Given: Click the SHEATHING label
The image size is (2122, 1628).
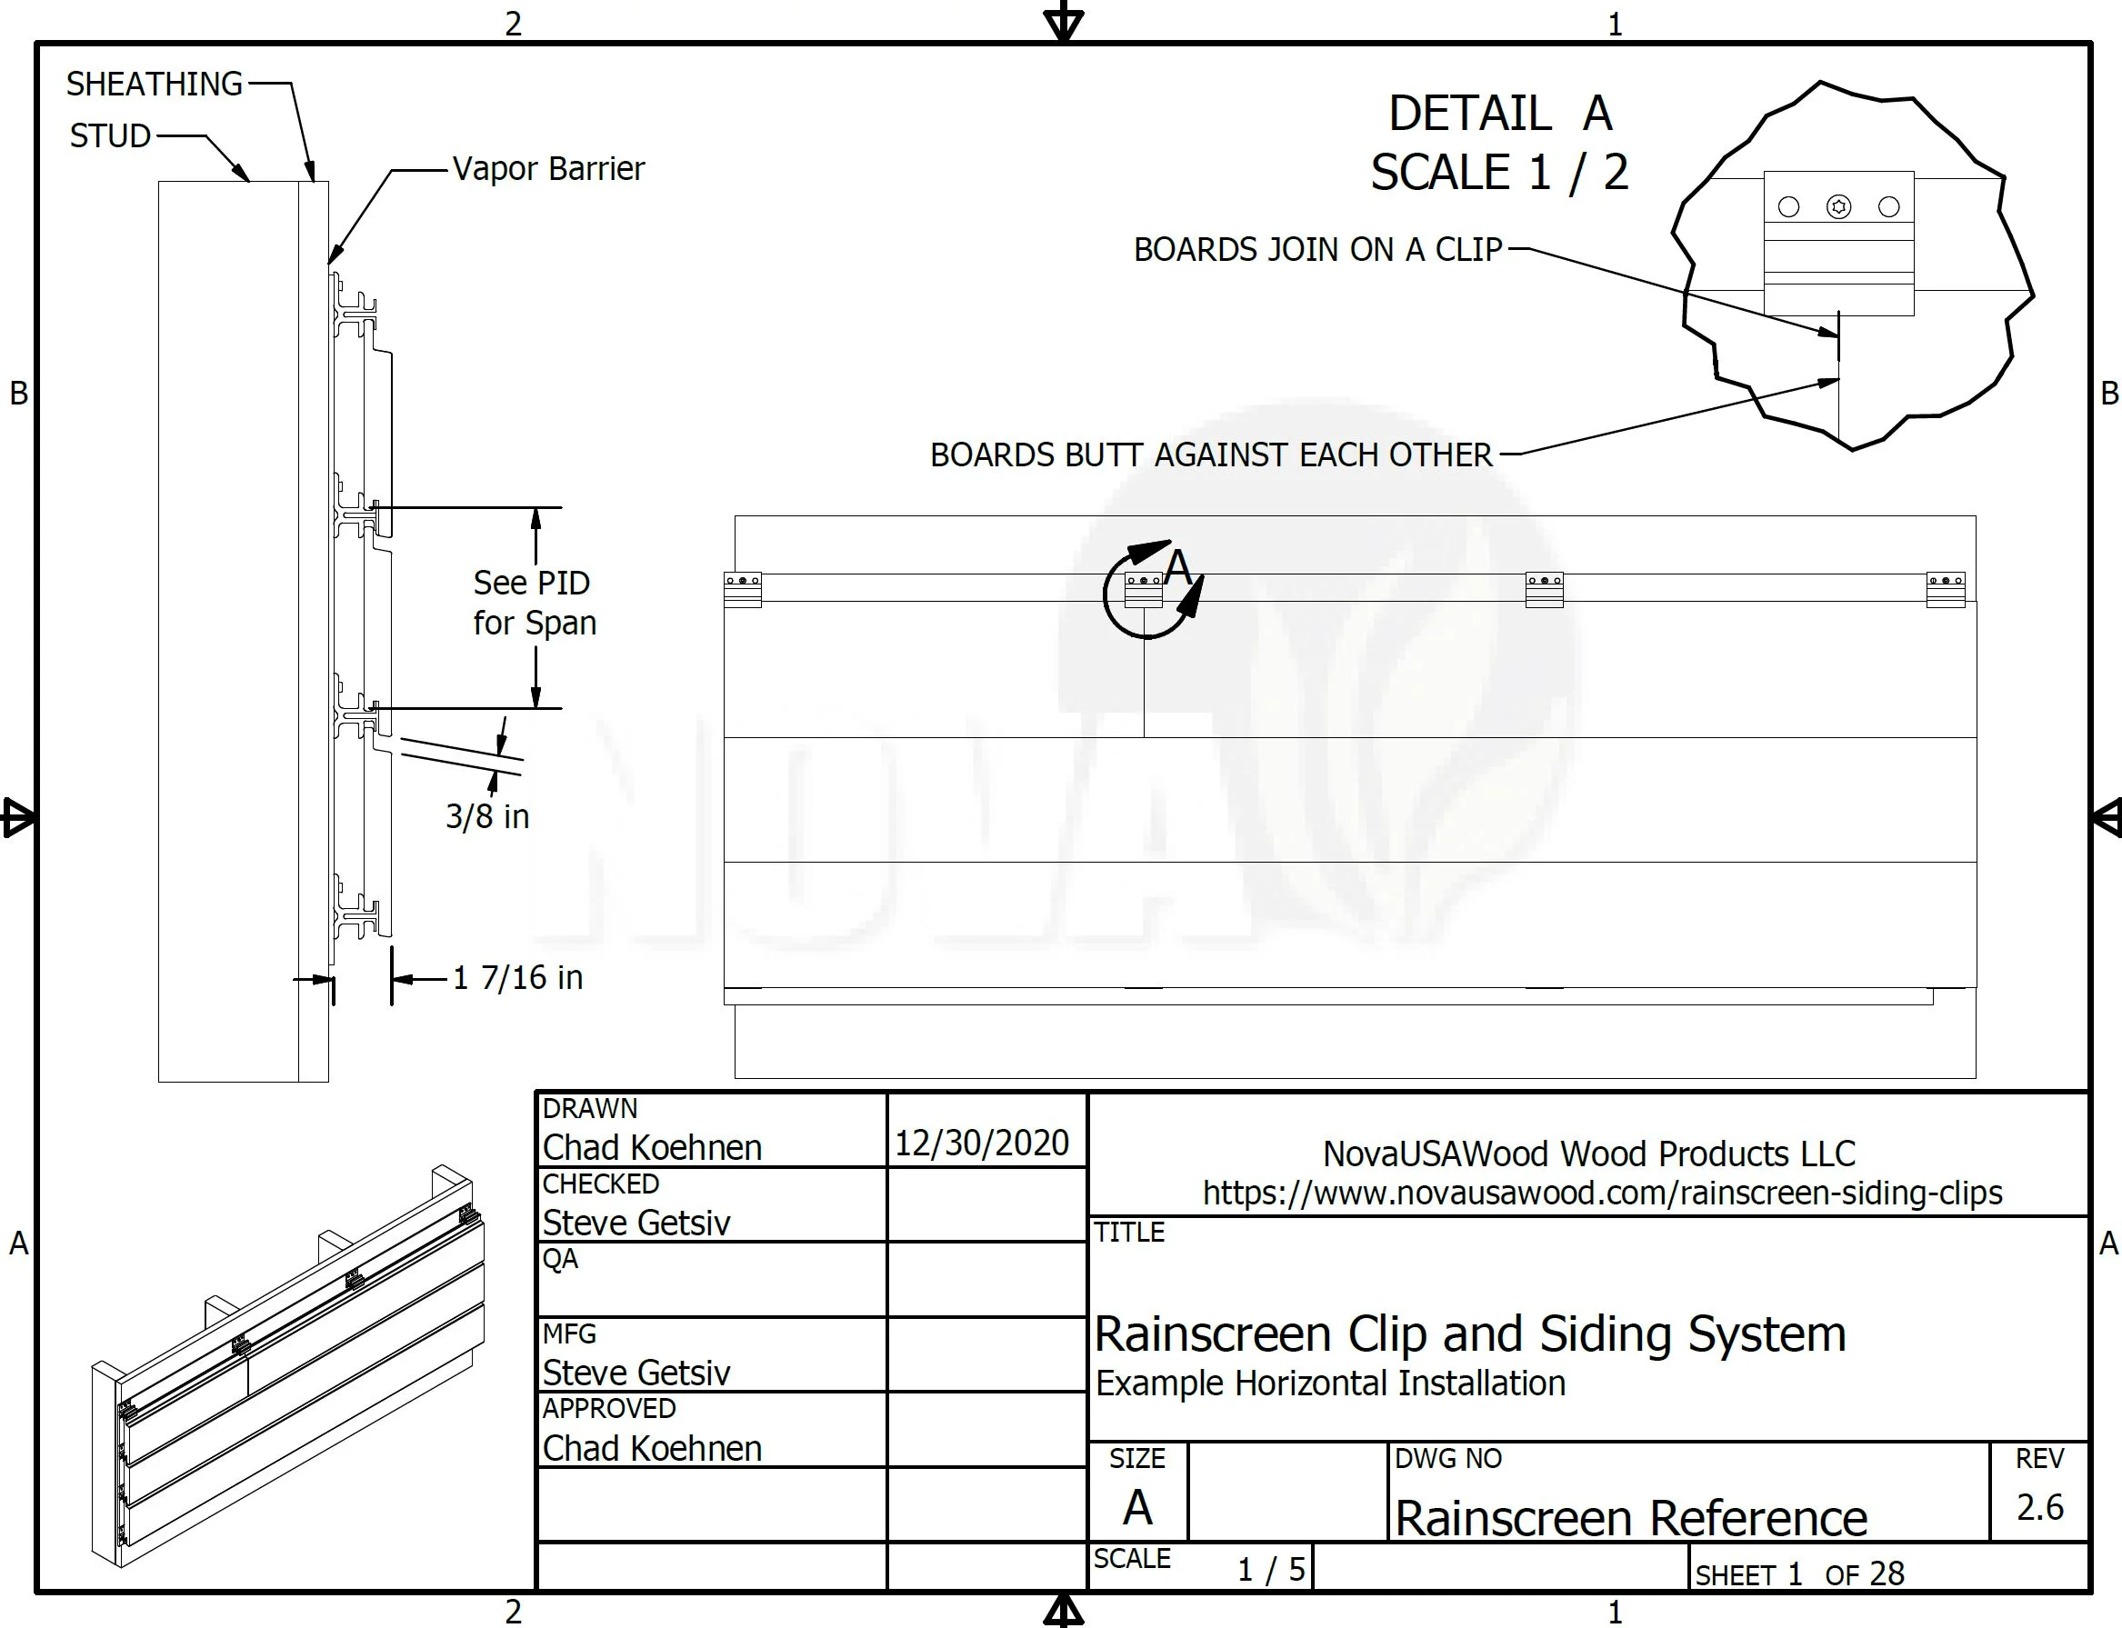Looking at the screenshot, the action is tap(155, 85).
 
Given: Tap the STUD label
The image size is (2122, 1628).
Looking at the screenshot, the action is tap(111, 135).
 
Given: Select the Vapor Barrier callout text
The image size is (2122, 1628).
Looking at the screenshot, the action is tap(548, 168).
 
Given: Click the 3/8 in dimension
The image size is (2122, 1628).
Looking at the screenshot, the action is tap(487, 816).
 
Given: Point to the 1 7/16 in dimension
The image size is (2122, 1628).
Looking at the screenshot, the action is tap(518, 977).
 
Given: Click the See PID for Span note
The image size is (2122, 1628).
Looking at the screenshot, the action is tap(534, 602).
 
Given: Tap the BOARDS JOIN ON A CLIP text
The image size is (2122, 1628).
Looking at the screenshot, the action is tap(1318, 249).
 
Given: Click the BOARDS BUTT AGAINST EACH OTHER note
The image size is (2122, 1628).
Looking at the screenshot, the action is tap(1212, 454).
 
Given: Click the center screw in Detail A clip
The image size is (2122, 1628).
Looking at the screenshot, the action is tap(1839, 206).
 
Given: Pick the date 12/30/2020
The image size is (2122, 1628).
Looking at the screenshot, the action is tap(981, 1143).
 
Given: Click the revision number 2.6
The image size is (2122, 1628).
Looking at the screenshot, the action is tap(2039, 1507).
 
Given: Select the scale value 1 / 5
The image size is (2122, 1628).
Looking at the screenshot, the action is tap(1272, 1569).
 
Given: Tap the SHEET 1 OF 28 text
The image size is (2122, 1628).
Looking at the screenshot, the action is tap(1799, 1573).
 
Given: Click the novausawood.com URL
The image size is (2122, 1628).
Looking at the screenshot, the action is tap(1602, 1193).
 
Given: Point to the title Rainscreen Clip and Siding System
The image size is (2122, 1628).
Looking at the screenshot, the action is tap(1469, 1334).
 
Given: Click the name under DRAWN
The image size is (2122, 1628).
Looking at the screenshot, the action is tap(653, 1147).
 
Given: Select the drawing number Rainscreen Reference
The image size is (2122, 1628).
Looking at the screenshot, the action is tap(1630, 1517).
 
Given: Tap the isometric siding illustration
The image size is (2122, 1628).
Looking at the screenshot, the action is tap(288, 1365).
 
